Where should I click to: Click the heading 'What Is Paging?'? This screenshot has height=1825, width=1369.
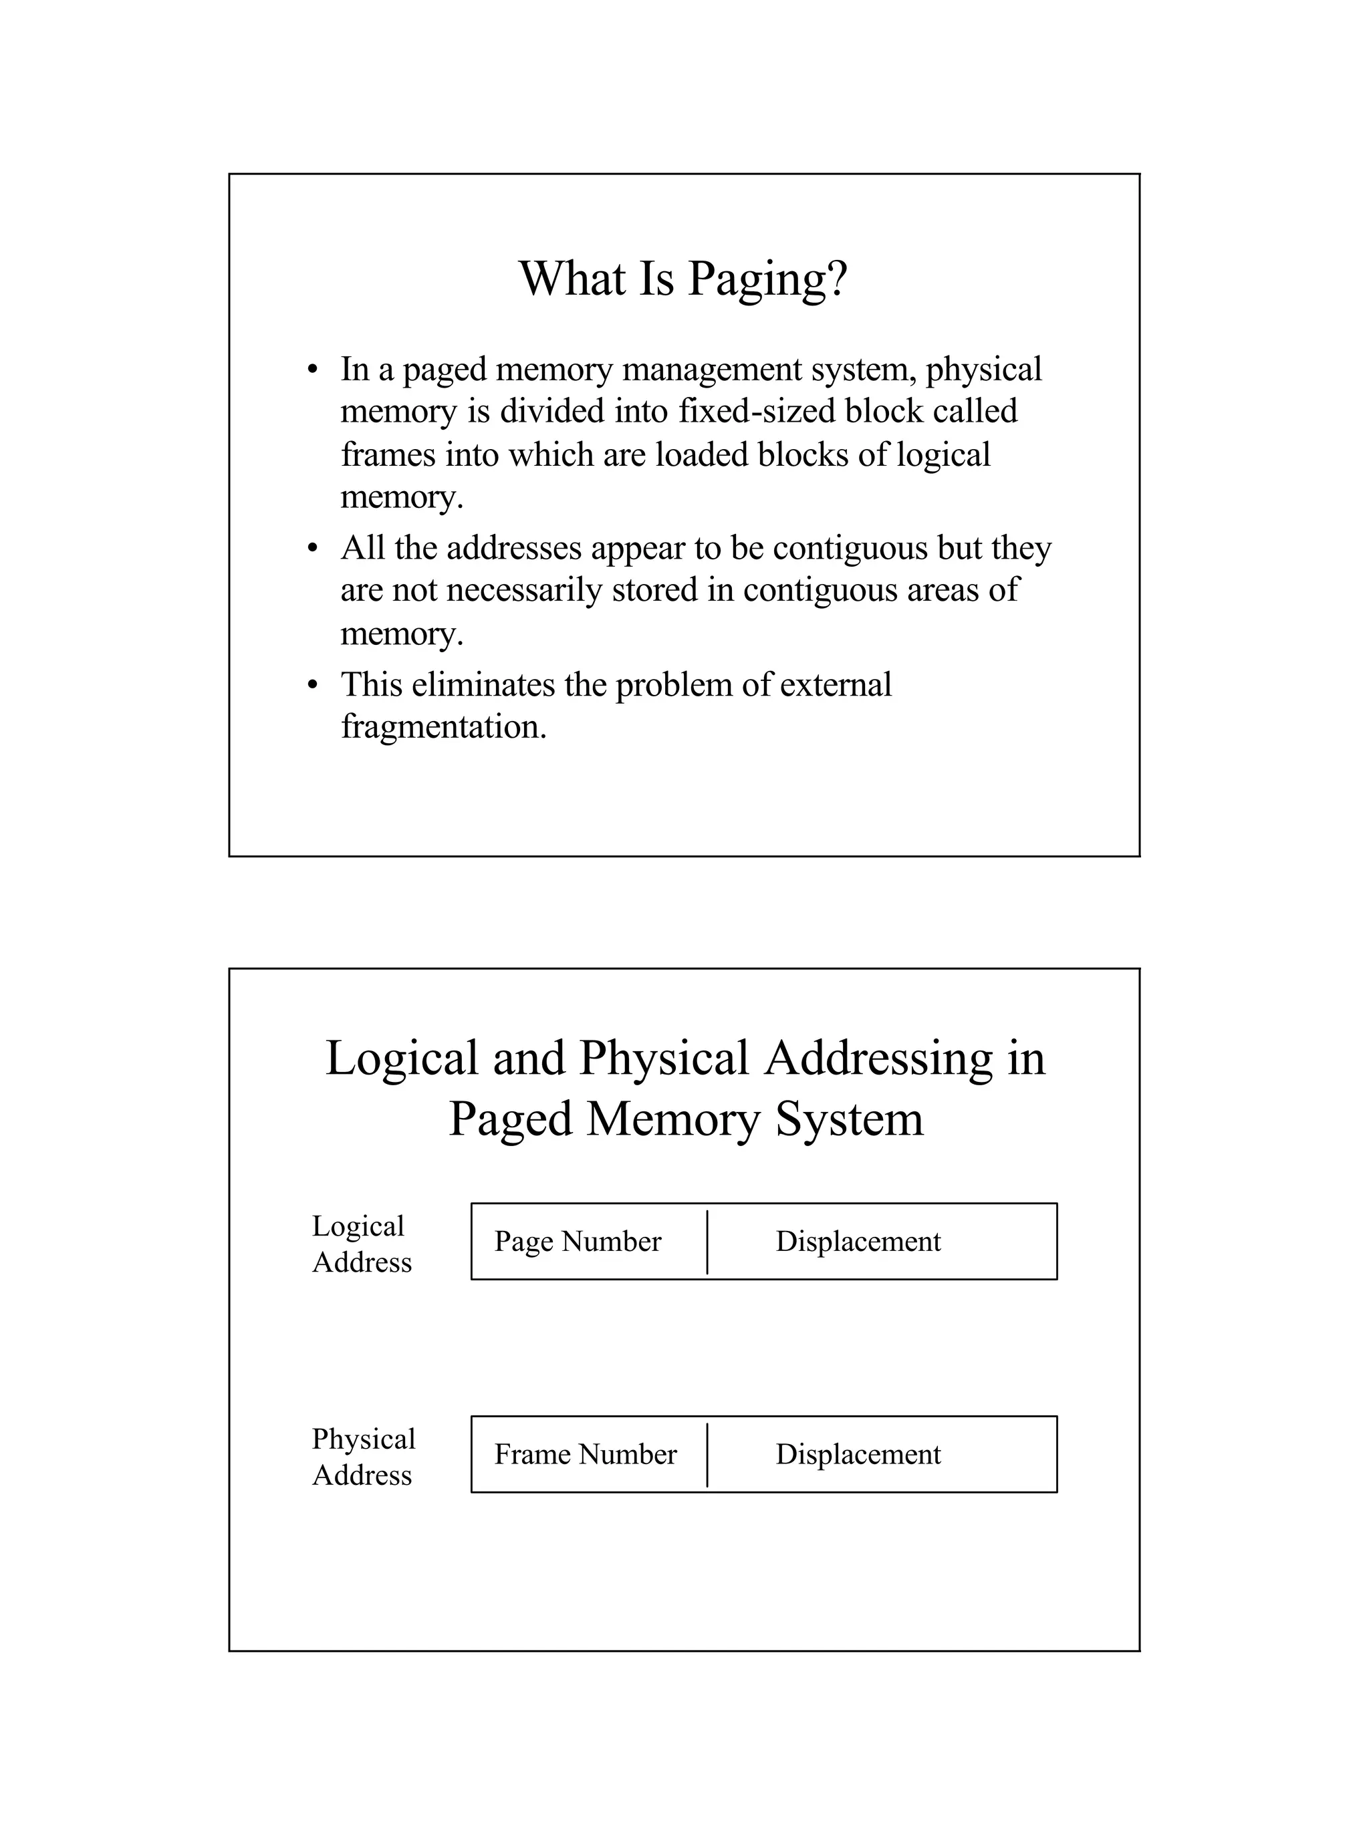(x=683, y=279)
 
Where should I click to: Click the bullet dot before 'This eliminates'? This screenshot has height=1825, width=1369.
(x=312, y=686)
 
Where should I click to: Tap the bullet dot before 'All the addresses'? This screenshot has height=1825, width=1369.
(x=312, y=549)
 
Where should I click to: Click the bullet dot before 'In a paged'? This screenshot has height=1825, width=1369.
(x=312, y=370)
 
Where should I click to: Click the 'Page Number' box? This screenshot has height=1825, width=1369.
(x=578, y=1242)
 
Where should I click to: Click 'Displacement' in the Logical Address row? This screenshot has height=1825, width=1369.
(x=858, y=1242)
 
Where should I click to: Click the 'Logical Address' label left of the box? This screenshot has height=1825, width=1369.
(x=360, y=1244)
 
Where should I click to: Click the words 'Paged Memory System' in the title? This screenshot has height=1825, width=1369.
(x=685, y=1119)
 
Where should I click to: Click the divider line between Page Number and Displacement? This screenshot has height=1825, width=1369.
(x=707, y=1242)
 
